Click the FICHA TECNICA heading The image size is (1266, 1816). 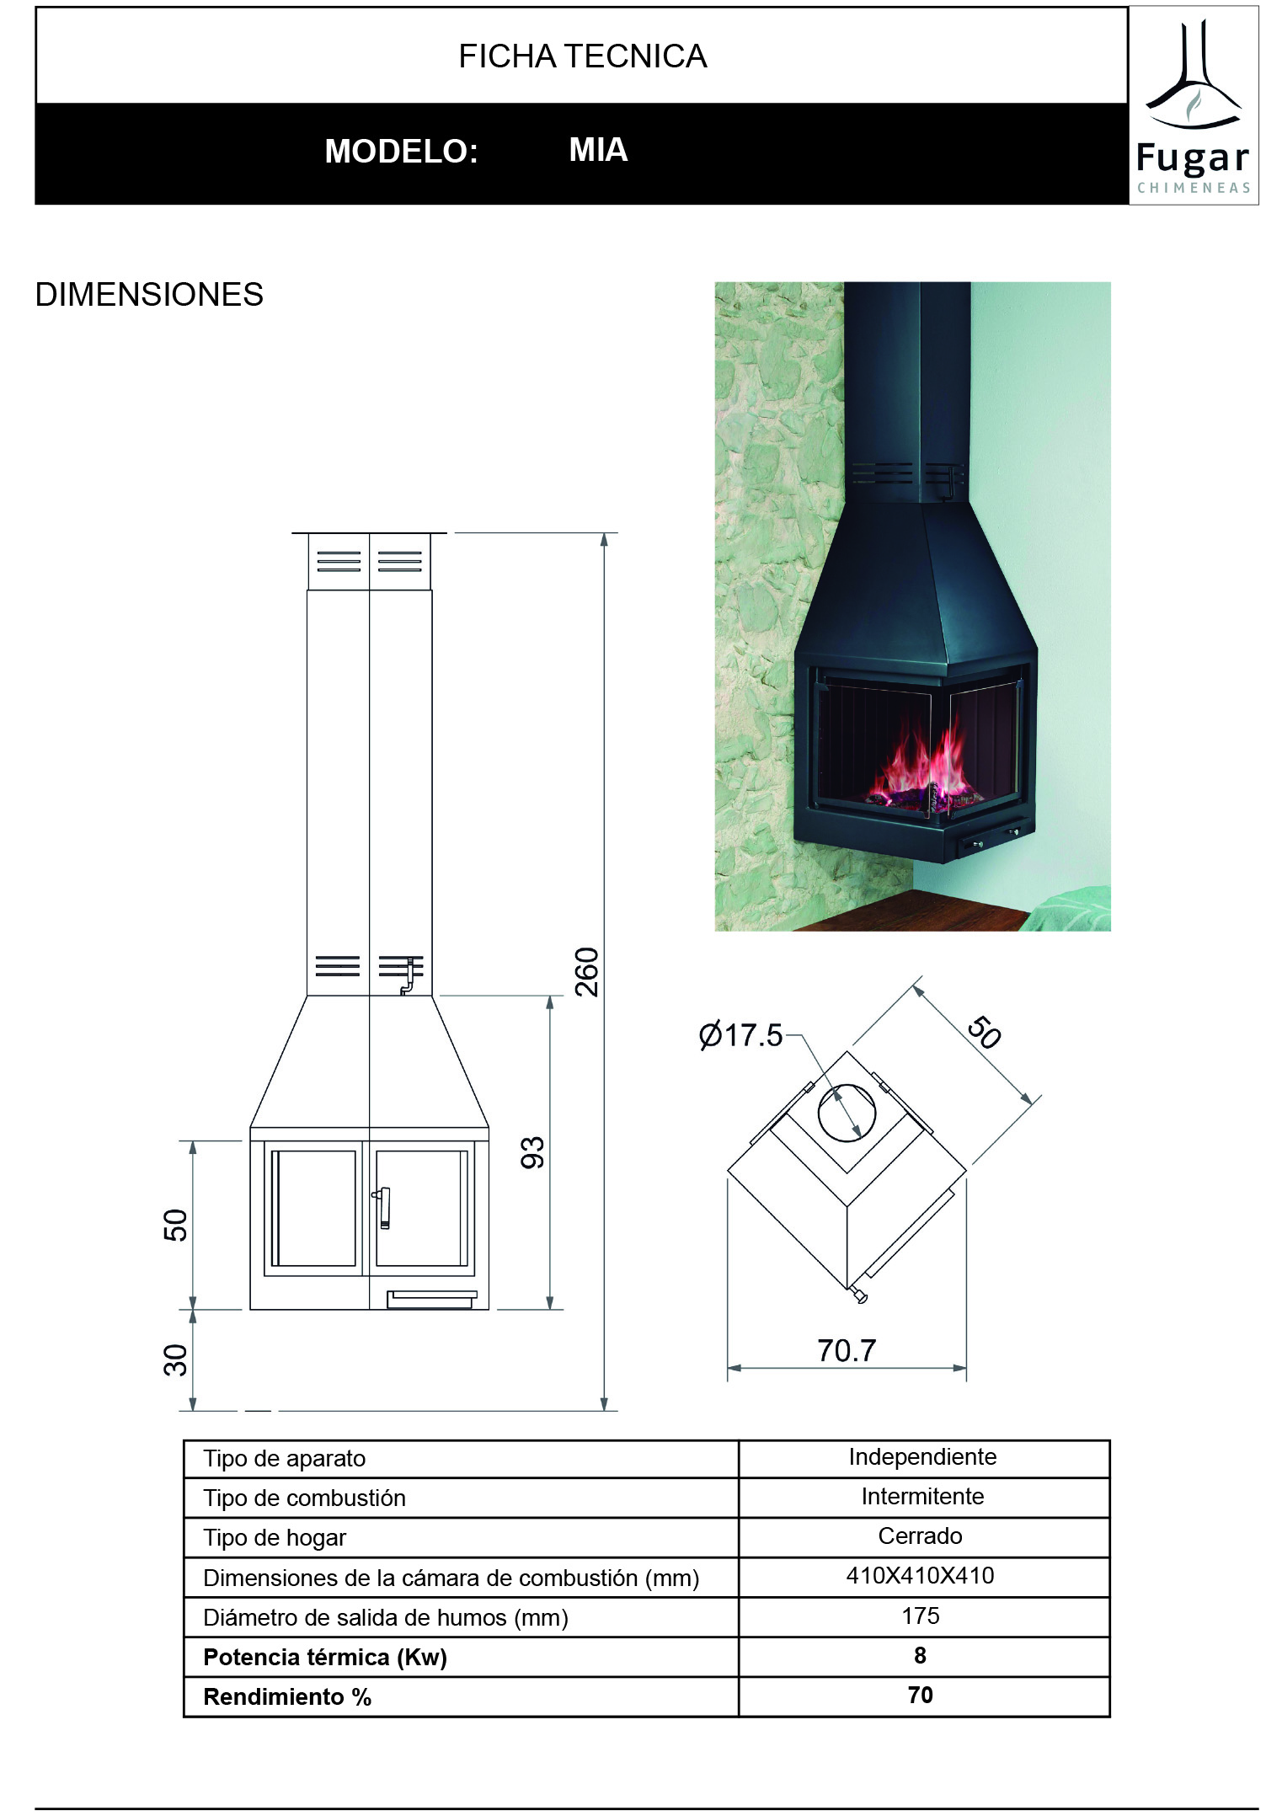click(x=582, y=56)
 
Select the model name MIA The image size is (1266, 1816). click(x=598, y=150)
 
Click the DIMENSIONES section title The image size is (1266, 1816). click(x=149, y=295)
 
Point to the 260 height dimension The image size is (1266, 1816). click(x=586, y=972)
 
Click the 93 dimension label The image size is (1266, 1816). click(x=532, y=1152)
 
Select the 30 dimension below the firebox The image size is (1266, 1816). click(x=175, y=1360)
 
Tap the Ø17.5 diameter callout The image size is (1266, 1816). click(x=740, y=1034)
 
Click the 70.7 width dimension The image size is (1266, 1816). click(x=847, y=1350)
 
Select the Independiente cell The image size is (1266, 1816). click(x=922, y=1457)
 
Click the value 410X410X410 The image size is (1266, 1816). click(x=921, y=1576)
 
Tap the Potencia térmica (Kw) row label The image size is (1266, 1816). click(x=325, y=1657)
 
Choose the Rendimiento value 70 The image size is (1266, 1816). click(x=921, y=1695)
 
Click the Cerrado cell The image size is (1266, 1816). click(x=921, y=1536)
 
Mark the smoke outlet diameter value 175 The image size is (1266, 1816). click(x=921, y=1616)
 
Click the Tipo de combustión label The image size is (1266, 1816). click(x=304, y=1498)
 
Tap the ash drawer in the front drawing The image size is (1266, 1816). click(x=432, y=1299)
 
